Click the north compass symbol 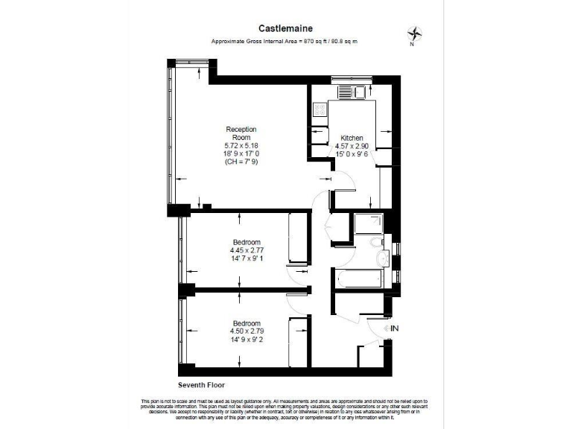click(415, 34)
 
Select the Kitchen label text click(352, 139)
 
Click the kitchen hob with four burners click(321, 110)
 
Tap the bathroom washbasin click(382, 258)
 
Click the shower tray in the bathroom click(369, 224)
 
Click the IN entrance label click(394, 328)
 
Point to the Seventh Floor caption click(201, 385)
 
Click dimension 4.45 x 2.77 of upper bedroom click(246, 251)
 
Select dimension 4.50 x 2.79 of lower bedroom click(246, 331)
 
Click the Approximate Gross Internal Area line click(285, 41)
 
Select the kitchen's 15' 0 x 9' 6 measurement click(352, 155)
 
